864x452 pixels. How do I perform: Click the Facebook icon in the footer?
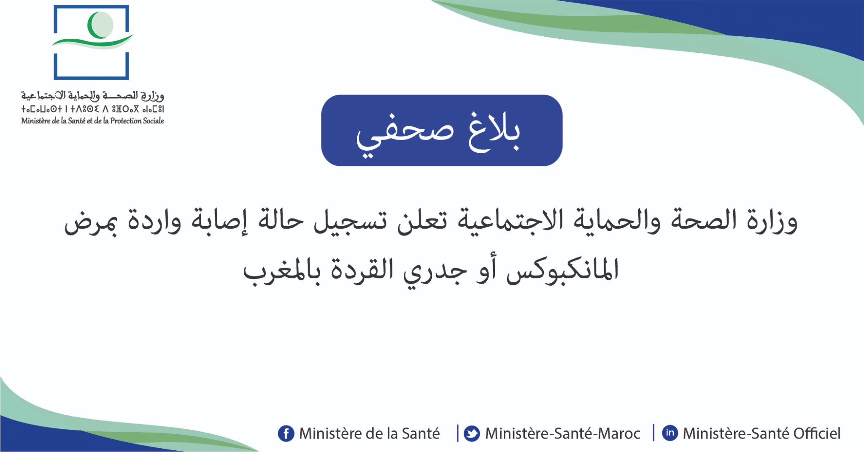pyautogui.click(x=286, y=433)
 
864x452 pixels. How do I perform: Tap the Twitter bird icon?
pyautogui.click(x=472, y=433)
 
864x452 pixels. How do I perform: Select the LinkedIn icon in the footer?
pyautogui.click(x=670, y=433)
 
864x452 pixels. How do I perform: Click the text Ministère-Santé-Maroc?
pyautogui.click(x=562, y=433)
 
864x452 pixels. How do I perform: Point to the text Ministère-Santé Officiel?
pyautogui.click(x=761, y=433)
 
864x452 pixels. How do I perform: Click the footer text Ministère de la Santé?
pyautogui.click(x=370, y=433)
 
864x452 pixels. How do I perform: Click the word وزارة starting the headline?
pyautogui.click(x=772, y=220)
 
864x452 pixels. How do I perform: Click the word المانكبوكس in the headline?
pyautogui.click(x=562, y=270)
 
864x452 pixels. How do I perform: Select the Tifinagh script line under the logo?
pyautogui.click(x=92, y=109)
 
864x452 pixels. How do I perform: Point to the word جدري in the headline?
pyautogui.click(x=435, y=271)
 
